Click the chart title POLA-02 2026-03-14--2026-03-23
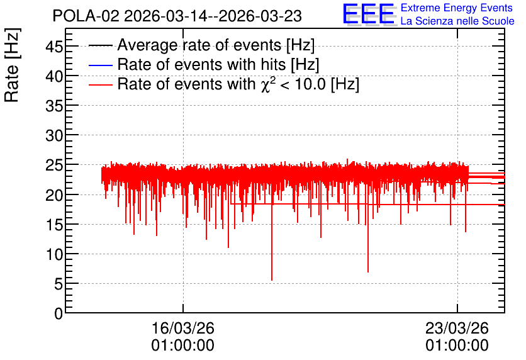177,16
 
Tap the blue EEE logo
369,14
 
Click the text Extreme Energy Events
457,8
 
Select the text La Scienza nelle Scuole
457,21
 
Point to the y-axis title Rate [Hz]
12,65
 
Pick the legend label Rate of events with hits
218,64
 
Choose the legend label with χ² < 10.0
238,84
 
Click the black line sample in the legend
100,45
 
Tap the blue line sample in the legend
100,65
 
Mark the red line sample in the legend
100,84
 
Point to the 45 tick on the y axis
54,47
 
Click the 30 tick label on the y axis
54,135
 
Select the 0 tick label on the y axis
59,313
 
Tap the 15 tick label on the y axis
54,225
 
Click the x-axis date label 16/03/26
183,328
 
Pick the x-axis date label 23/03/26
457,328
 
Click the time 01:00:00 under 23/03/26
457,346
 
